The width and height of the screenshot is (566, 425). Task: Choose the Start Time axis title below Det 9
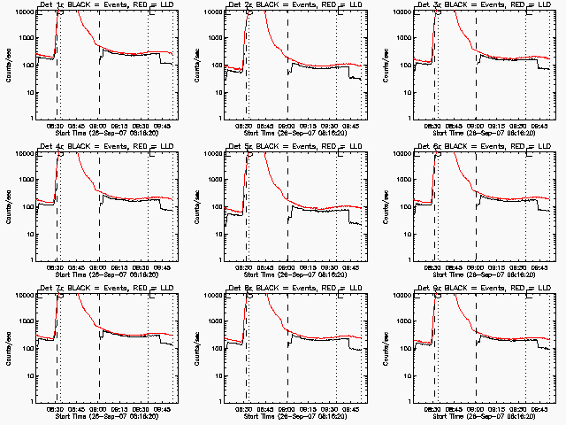tap(481, 417)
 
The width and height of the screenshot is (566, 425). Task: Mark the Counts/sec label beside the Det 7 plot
tap(6, 346)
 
